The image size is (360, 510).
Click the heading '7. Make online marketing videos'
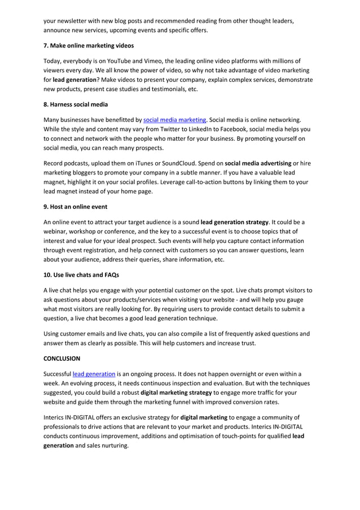[x=89, y=45]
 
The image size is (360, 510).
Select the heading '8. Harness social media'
[x=76, y=104]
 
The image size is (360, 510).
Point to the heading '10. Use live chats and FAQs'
[x=81, y=275]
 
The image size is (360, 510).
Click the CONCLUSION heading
[x=62, y=358]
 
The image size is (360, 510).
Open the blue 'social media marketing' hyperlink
[x=175, y=120]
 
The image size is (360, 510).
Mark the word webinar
[x=58, y=232]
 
